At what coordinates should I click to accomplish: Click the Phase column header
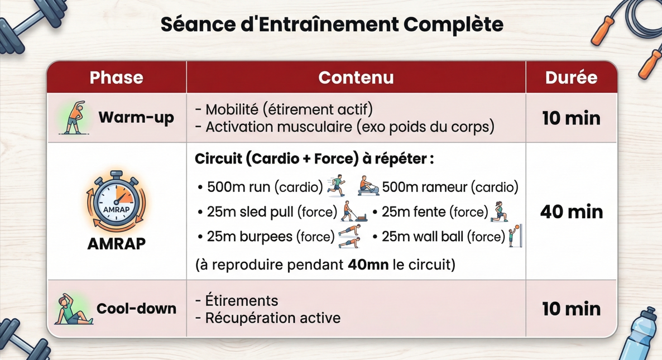click(116, 78)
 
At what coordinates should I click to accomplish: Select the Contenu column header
click(356, 78)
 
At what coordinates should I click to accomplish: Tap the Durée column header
click(571, 78)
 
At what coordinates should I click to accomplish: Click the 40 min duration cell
click(571, 212)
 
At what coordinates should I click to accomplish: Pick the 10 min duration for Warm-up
click(571, 118)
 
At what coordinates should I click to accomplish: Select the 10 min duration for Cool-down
click(571, 309)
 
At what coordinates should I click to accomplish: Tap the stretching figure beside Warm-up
click(74, 118)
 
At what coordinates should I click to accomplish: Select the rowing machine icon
click(368, 186)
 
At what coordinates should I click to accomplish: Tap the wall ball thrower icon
click(515, 235)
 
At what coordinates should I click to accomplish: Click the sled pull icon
click(354, 212)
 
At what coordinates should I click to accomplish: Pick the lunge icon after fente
click(498, 212)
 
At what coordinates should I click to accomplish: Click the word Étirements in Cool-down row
click(241, 300)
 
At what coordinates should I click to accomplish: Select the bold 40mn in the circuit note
click(368, 264)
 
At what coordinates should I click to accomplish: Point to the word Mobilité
click(232, 109)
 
